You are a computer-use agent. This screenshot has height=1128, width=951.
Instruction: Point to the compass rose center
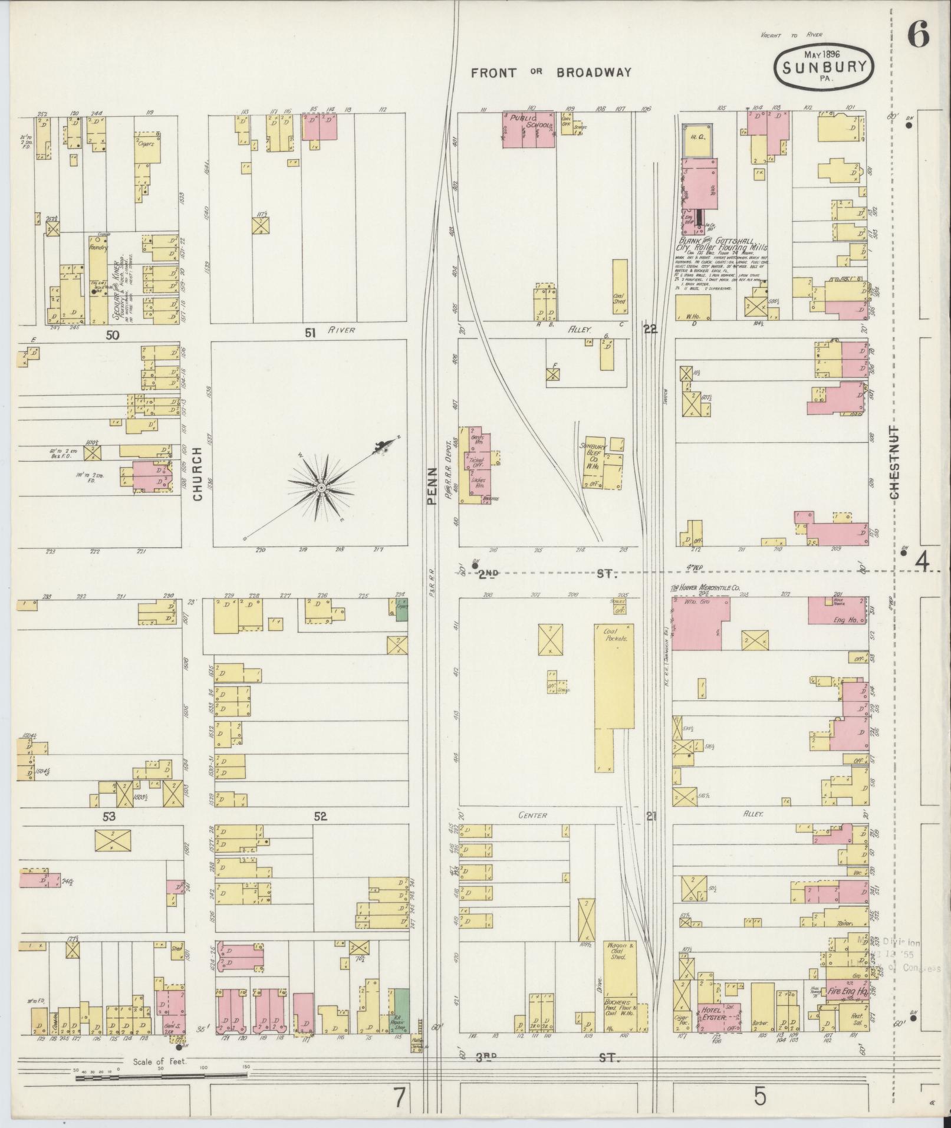pyautogui.click(x=321, y=488)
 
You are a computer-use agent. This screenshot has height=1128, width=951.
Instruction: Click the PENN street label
pyautogui.click(x=431, y=486)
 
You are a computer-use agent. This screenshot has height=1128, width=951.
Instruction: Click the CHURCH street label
pyautogui.click(x=197, y=473)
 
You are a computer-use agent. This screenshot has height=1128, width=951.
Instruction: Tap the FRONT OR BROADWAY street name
pyautogui.click(x=551, y=73)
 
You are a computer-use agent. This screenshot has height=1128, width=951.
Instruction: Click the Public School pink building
pyautogui.click(x=528, y=129)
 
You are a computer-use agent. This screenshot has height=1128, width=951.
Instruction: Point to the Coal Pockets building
pyautogui.click(x=614, y=698)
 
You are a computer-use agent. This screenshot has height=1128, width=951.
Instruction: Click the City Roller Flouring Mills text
pyautogui.click(x=721, y=248)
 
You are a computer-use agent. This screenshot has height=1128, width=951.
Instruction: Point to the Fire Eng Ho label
pyautogui.click(x=846, y=992)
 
